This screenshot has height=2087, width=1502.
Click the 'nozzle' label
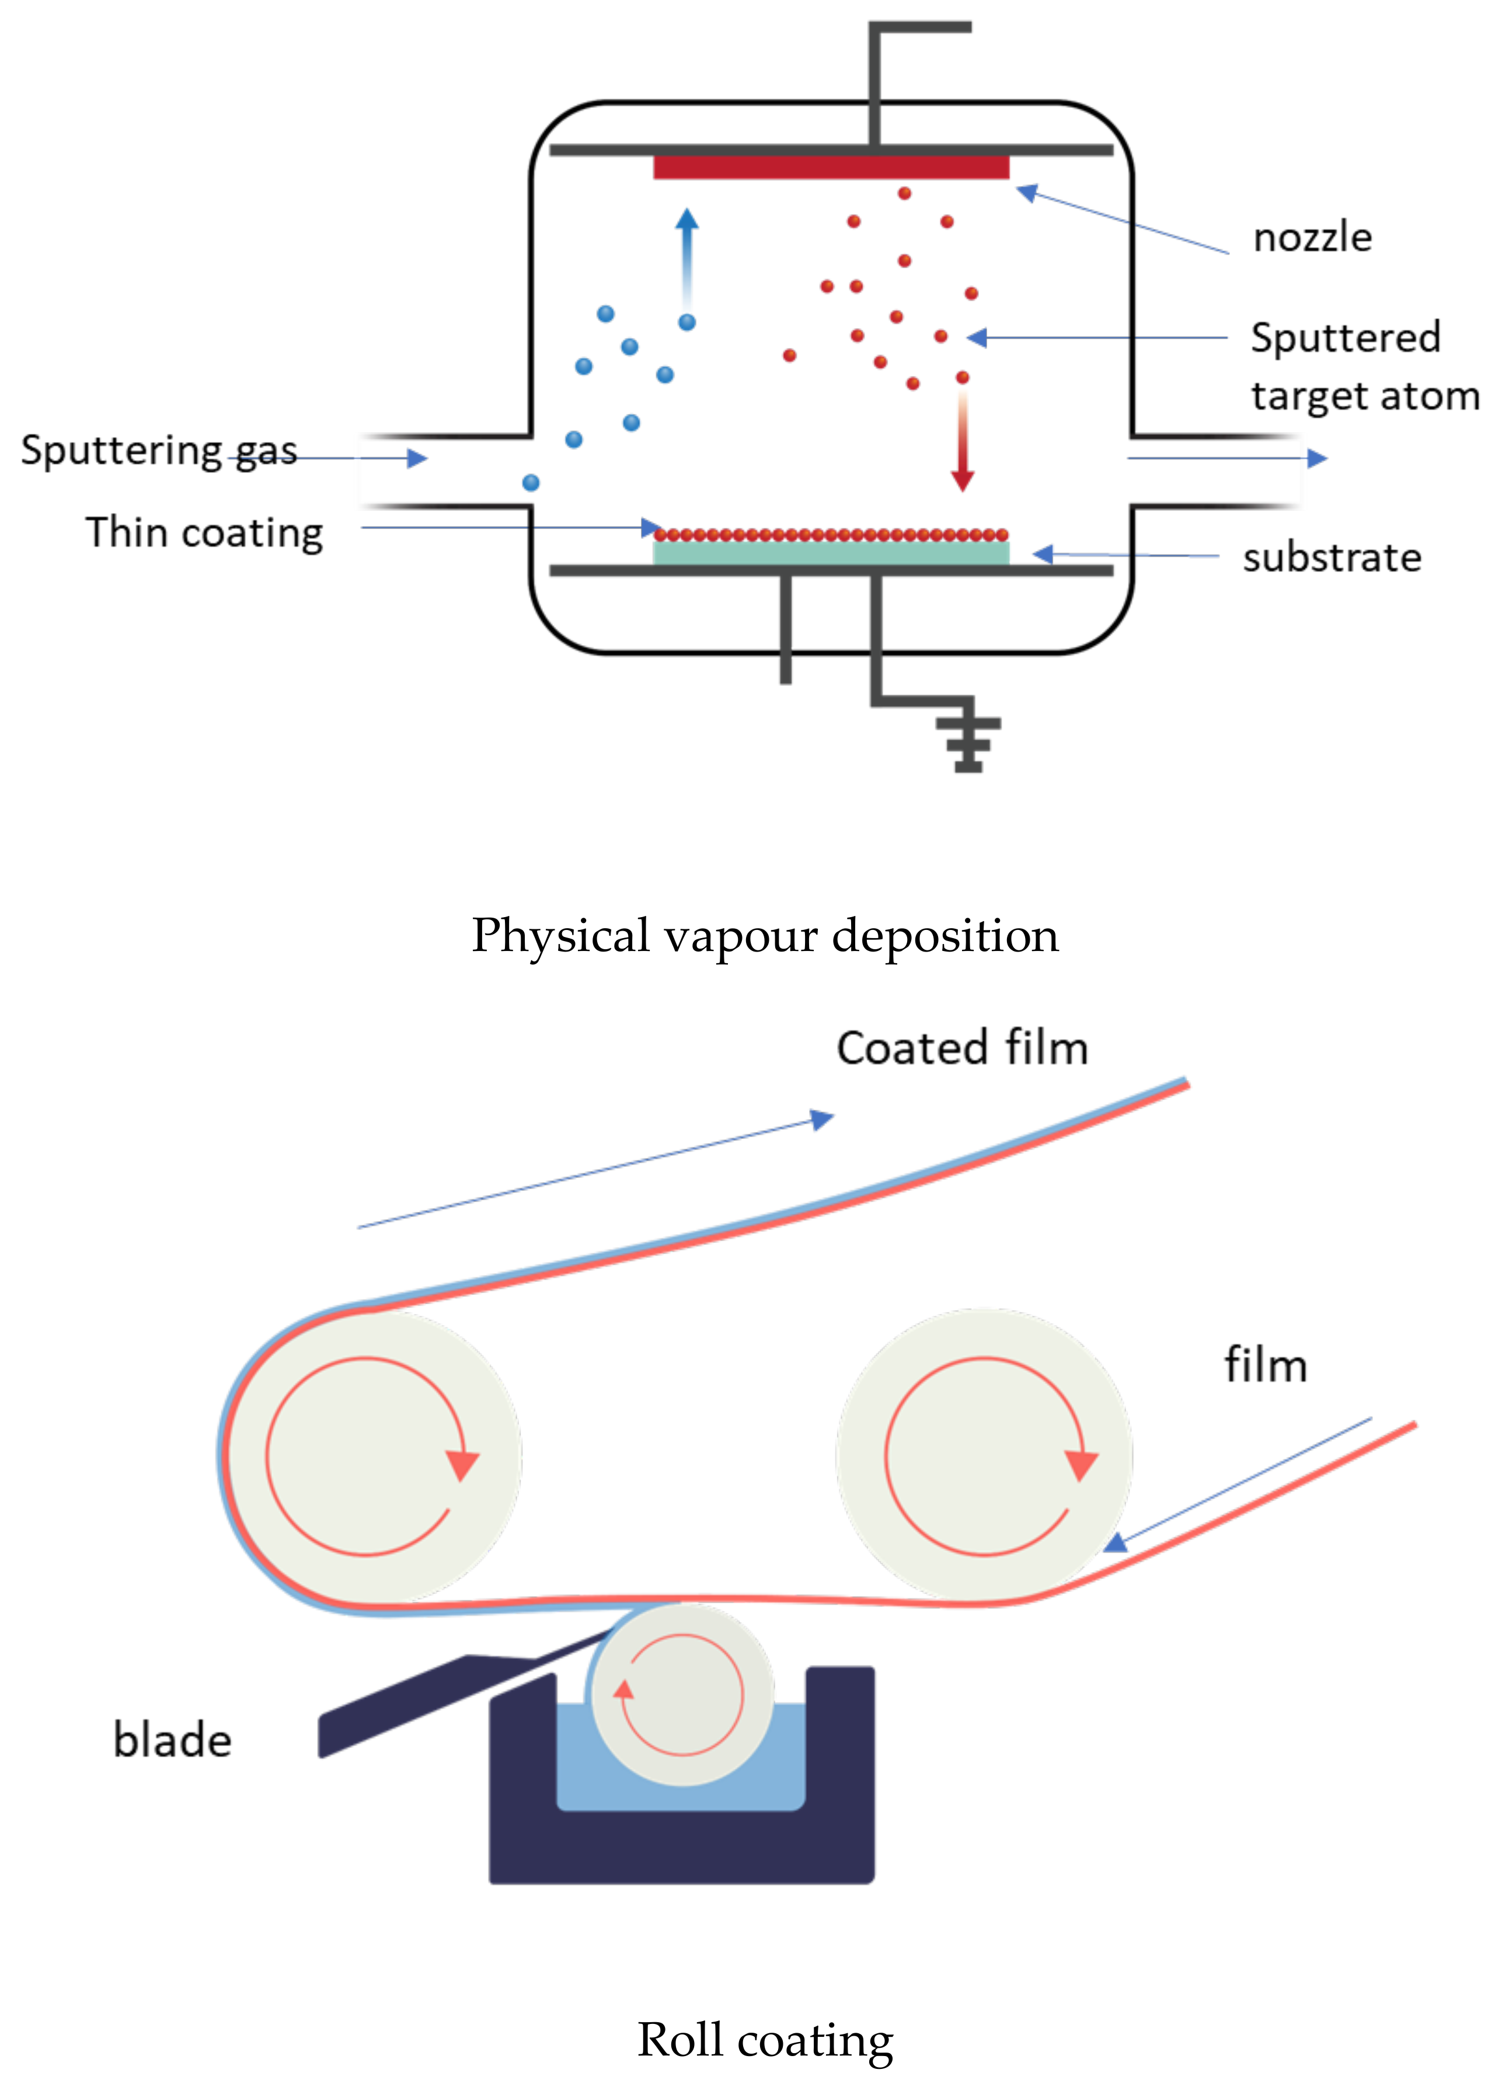(1312, 238)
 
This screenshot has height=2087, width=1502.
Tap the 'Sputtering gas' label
(158, 451)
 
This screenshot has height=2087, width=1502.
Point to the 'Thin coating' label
(204, 533)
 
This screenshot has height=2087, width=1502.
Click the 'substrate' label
(1331, 558)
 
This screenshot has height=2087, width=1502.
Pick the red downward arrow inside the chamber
(962, 442)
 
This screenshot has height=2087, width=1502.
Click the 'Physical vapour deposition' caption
(765, 936)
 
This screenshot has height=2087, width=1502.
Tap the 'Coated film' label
(962, 1048)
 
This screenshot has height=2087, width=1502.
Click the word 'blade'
(172, 1740)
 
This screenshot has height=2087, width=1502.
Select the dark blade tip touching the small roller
(589, 1643)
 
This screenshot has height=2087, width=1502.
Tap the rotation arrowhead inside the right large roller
(1081, 1464)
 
